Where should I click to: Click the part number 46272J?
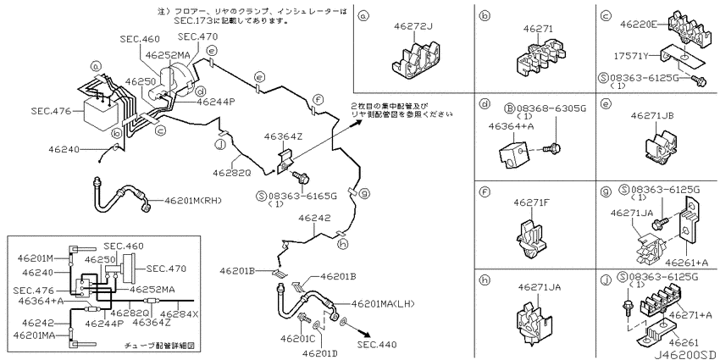coord(413,26)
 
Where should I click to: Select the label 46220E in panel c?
coord(640,24)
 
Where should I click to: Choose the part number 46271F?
coord(532,202)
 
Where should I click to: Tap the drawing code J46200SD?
coord(684,355)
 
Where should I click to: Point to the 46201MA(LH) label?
coord(384,303)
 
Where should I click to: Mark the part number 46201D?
coord(319,352)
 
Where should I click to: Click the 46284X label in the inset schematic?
coord(180,314)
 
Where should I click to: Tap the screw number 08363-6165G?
coord(302,196)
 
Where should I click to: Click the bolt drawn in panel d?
coord(552,148)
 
